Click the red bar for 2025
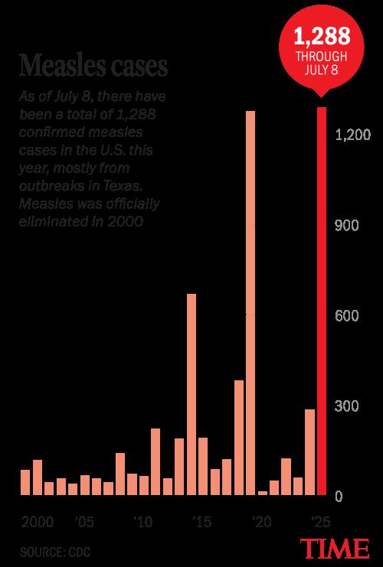322,301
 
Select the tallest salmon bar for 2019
250,303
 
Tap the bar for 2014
191,394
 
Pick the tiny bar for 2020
263,493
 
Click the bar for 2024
310,452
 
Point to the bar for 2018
239,438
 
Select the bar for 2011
155,461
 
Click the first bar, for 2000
25,482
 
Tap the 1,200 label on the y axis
352,135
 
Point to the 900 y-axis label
347,226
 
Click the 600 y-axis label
347,316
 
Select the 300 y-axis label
347,406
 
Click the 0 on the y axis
339,497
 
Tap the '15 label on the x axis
202,522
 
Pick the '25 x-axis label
320,522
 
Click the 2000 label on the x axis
38,522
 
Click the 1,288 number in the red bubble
322,36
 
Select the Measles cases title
93,66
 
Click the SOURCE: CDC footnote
55,552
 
